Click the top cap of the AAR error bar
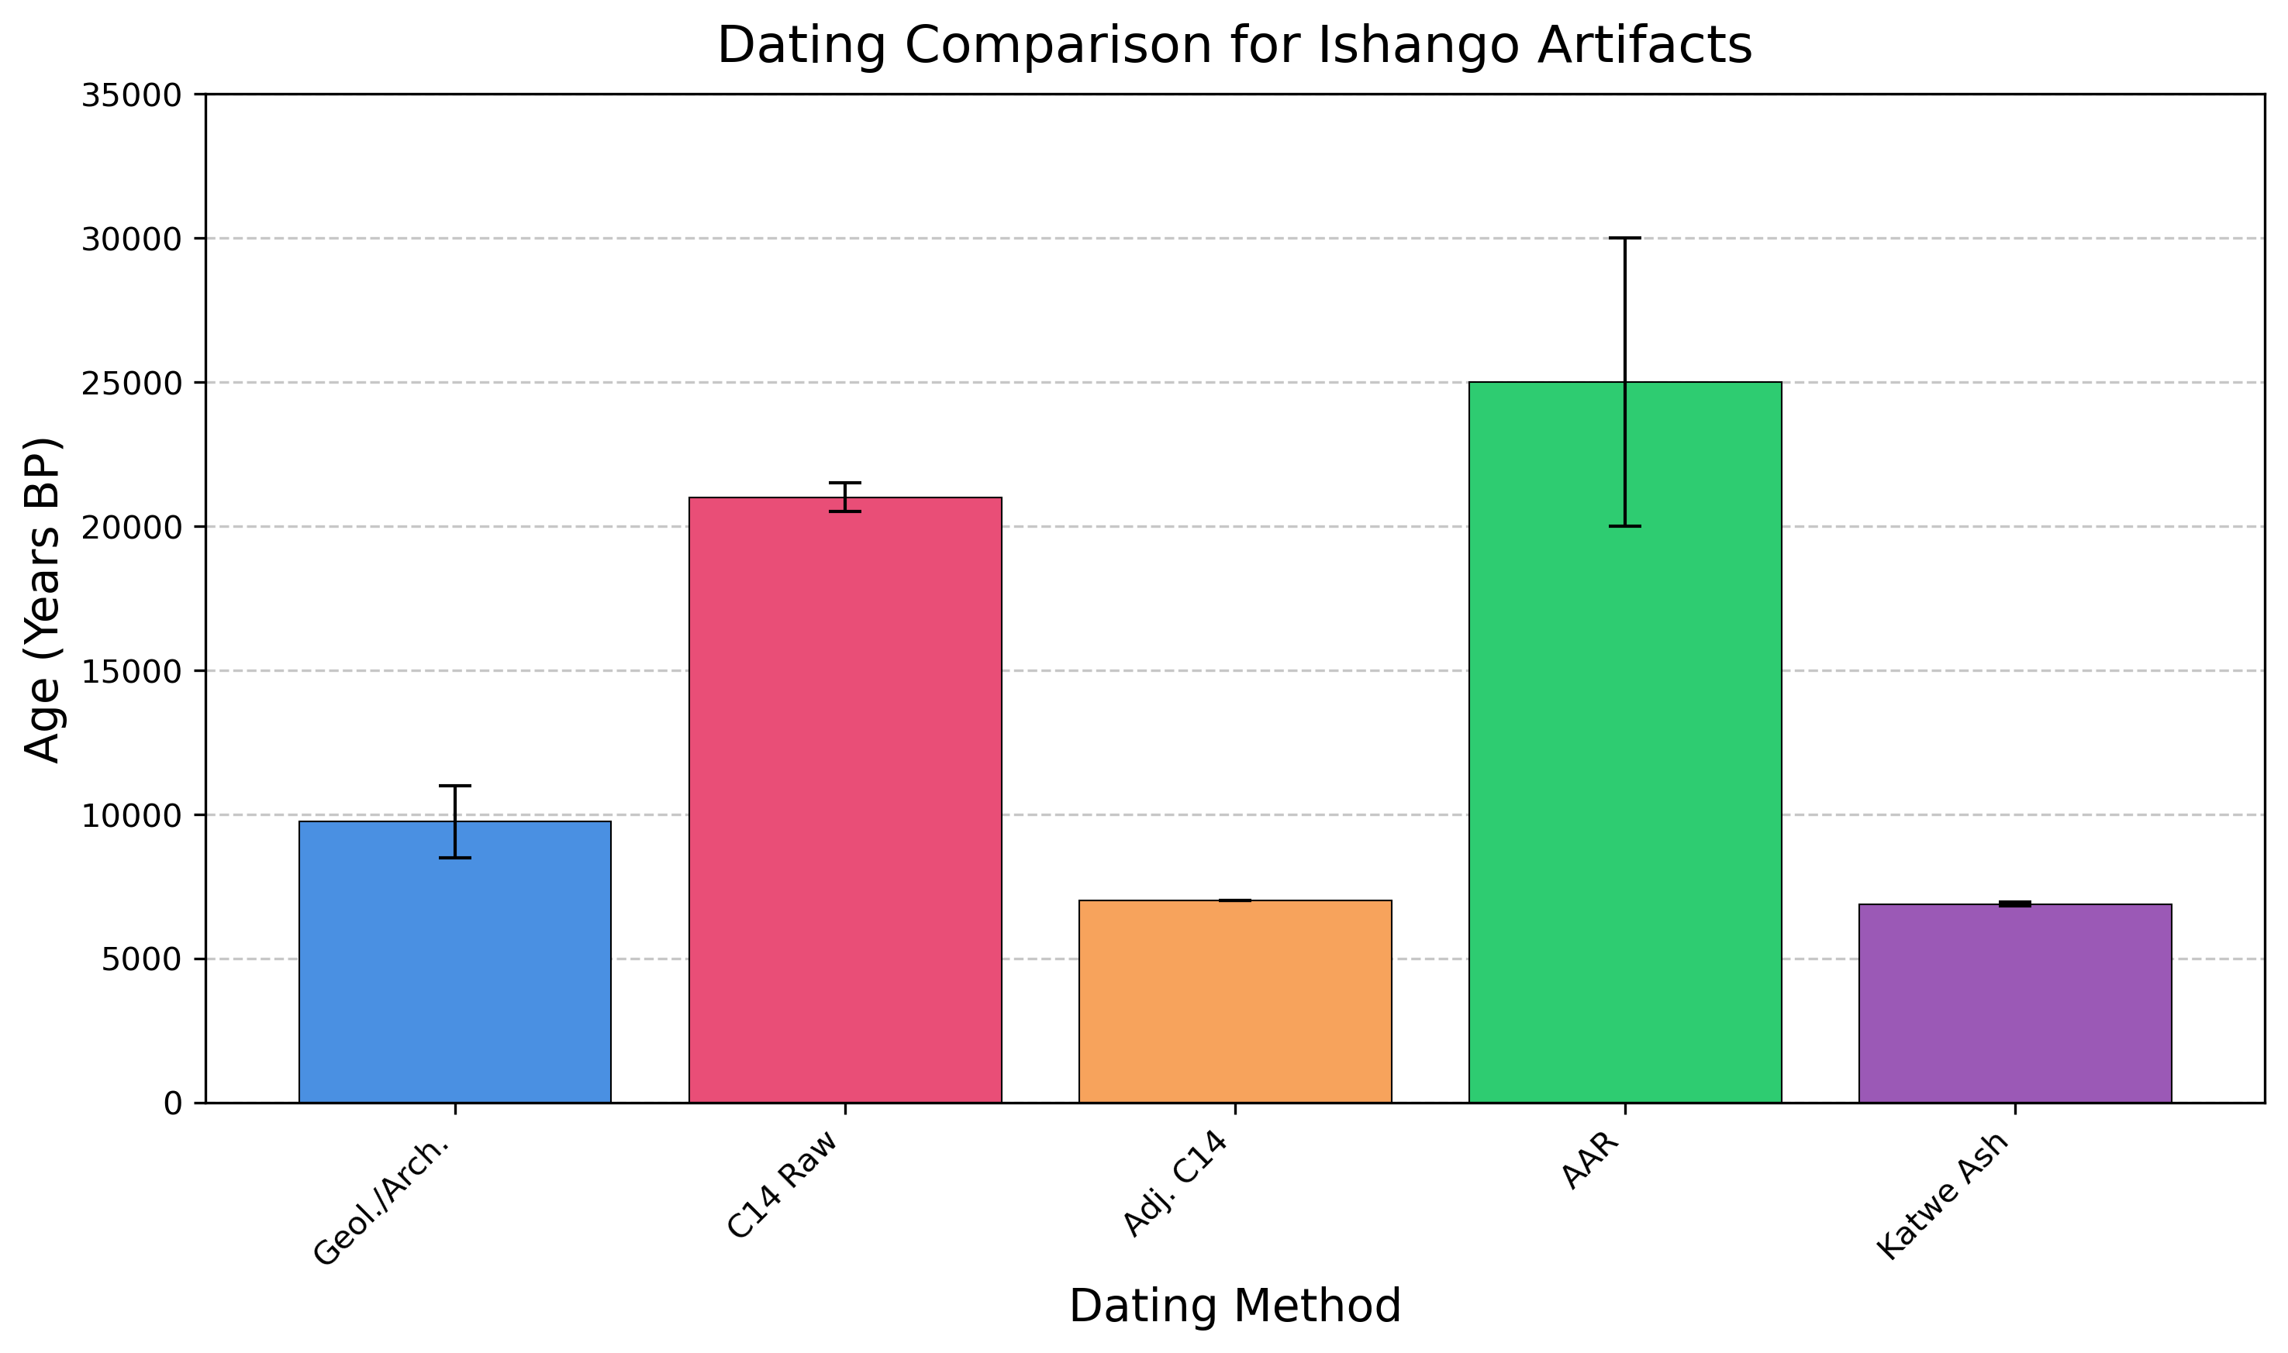[1624, 238]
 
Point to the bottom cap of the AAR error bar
[1624, 526]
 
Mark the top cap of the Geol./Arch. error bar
[454, 785]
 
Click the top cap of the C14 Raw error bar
[844, 482]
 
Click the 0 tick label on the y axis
[172, 1104]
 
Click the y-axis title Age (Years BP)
[42, 600]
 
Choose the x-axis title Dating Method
[1235, 1307]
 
